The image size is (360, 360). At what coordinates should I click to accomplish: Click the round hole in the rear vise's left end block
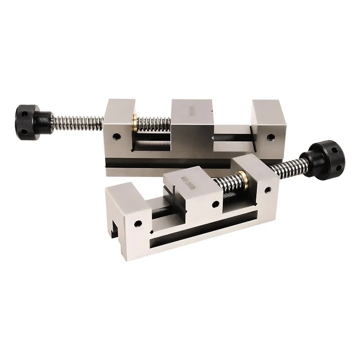coord(117,135)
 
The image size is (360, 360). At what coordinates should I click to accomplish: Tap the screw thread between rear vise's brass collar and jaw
coord(155,122)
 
